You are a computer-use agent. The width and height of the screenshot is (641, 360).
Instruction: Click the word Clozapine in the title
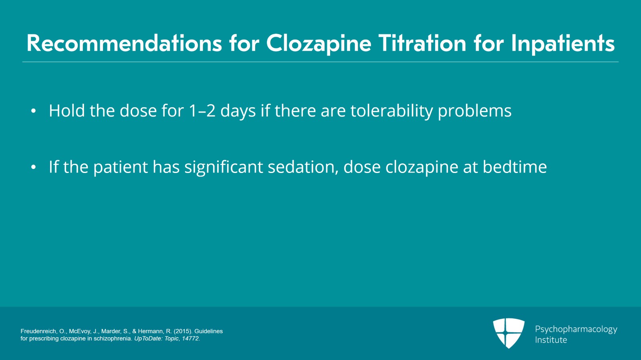[x=318, y=44]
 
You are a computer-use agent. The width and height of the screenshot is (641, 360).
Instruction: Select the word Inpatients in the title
[x=563, y=44]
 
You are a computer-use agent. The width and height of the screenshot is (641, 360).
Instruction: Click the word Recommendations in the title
[x=124, y=43]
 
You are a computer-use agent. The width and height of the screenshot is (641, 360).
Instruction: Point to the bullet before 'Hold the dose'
[x=34, y=111]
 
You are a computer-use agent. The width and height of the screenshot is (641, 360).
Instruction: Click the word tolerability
[x=392, y=111]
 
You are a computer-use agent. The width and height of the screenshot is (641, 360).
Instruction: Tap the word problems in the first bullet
[x=475, y=111]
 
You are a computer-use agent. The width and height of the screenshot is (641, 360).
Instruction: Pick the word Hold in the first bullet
[x=67, y=111]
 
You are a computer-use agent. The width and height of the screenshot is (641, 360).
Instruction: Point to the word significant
[x=224, y=167]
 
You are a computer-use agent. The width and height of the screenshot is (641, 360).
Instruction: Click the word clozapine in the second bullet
[x=422, y=167]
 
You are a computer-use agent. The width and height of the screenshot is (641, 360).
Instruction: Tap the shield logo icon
[x=508, y=333]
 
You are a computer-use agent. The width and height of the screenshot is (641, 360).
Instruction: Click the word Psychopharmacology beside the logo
[x=576, y=330]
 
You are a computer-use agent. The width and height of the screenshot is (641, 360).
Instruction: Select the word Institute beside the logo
[x=551, y=340]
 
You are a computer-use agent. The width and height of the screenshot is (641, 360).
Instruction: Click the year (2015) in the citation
[x=183, y=331]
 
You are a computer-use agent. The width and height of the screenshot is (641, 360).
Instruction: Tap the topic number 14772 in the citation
[x=190, y=338]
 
